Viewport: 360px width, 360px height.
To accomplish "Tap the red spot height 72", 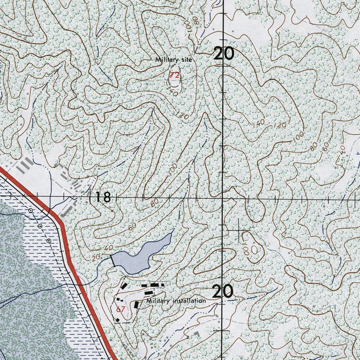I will (174, 75).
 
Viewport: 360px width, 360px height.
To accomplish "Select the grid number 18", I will (103, 197).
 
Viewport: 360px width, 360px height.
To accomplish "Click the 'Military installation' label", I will (176, 301).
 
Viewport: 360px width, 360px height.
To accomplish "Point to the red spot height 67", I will (121, 309).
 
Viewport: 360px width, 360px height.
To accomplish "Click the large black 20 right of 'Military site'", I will (224, 54).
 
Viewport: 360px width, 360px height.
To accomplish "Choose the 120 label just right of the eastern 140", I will (280, 126).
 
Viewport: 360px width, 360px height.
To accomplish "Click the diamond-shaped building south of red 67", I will (118, 321).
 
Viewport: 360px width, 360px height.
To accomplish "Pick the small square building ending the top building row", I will (163, 284).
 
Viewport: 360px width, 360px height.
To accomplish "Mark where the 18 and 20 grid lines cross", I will (223, 198).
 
